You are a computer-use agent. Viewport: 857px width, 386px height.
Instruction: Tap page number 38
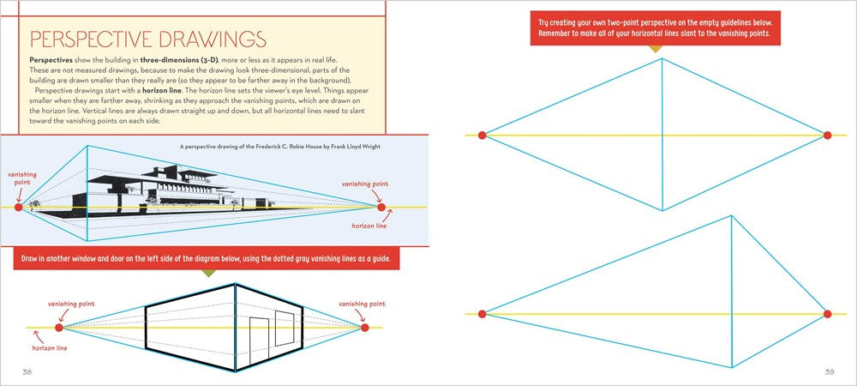coord(27,371)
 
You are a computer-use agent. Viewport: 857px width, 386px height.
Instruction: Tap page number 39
coord(829,371)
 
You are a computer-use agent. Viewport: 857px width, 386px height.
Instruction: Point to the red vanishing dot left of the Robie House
coord(19,207)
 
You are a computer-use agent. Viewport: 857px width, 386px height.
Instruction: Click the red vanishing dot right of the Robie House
coord(382,207)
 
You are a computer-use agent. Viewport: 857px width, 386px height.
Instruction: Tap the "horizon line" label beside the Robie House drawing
coord(371,226)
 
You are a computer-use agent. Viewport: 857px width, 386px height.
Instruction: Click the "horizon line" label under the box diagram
coord(50,347)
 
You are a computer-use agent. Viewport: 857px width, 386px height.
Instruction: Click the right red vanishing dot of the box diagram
coord(364,328)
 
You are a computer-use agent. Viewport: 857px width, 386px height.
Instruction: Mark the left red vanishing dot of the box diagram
coord(59,328)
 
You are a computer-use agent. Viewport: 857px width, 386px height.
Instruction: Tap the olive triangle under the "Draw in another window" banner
coord(207,274)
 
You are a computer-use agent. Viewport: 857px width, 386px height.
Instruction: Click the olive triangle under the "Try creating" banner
coord(655,48)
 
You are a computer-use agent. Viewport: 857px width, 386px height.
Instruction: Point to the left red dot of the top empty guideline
coord(482,135)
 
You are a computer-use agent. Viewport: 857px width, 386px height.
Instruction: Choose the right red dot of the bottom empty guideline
coord(828,314)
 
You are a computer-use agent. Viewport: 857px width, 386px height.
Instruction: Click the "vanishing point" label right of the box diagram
coord(363,304)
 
